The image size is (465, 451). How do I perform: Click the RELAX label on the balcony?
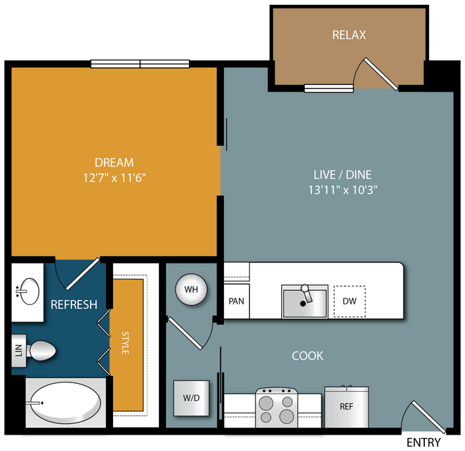[x=349, y=35]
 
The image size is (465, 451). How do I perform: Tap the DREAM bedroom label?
[x=114, y=162]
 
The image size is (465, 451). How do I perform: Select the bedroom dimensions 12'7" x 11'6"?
[x=114, y=178]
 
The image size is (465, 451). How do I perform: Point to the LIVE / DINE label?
[x=343, y=174]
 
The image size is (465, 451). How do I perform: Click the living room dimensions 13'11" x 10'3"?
[x=343, y=189]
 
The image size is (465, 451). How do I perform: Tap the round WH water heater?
[x=191, y=289]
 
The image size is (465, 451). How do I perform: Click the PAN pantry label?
[x=236, y=301]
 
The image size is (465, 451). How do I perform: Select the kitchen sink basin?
[x=305, y=302]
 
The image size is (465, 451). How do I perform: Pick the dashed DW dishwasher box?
[x=350, y=301]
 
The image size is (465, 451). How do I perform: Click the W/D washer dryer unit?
[x=191, y=398]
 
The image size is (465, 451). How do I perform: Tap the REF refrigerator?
[x=347, y=407]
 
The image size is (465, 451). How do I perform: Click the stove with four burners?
[x=277, y=407]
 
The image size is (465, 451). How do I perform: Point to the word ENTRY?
[x=424, y=442]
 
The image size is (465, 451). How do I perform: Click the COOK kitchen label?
[x=308, y=356]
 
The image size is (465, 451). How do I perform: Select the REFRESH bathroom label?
[x=74, y=304]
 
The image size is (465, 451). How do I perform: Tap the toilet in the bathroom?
[x=41, y=350]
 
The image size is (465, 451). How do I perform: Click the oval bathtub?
[x=66, y=402]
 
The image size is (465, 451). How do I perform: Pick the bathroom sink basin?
[x=30, y=292]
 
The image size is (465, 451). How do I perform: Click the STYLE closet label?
[x=125, y=343]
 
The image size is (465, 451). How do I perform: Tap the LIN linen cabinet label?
[x=19, y=351]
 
